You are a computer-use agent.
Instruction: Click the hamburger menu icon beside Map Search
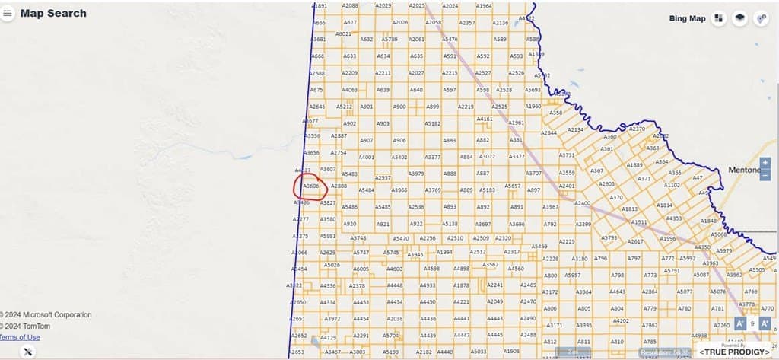click(8, 13)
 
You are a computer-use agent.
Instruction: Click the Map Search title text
click(53, 13)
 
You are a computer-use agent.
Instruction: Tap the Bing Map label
click(687, 18)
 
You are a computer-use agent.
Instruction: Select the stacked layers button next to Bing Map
click(739, 18)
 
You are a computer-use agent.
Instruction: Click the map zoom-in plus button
click(765, 163)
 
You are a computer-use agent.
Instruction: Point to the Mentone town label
click(744, 170)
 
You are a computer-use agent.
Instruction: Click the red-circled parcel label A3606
click(310, 186)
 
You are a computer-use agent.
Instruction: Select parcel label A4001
click(366, 158)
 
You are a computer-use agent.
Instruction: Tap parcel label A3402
click(399, 158)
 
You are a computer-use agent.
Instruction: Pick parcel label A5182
click(432, 123)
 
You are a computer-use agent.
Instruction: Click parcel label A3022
click(488, 157)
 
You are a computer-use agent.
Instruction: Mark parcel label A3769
click(432, 190)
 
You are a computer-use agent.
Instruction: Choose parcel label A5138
click(450, 224)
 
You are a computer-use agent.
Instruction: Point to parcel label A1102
click(672, 185)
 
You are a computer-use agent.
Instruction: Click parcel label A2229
click(567, 241)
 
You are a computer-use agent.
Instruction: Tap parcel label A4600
click(394, 269)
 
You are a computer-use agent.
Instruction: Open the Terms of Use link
click(20, 337)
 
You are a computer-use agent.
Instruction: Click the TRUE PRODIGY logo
click(734, 352)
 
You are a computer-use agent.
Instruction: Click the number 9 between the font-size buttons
click(752, 323)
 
